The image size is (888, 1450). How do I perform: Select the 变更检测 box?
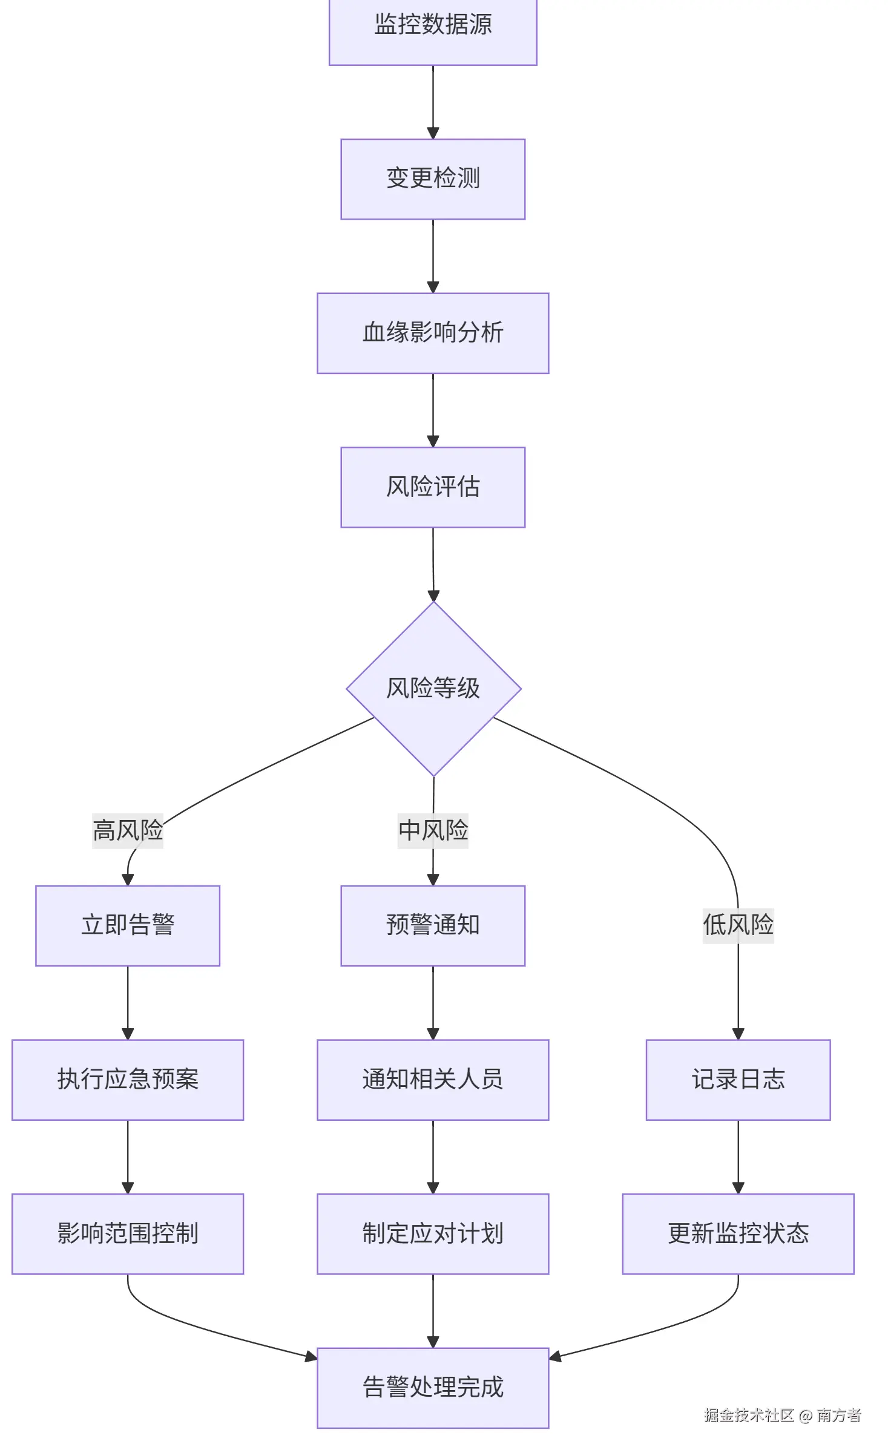[433, 179]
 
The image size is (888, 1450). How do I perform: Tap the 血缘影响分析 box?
[433, 333]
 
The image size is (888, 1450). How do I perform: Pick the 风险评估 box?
[433, 487]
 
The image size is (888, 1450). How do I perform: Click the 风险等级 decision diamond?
[433, 689]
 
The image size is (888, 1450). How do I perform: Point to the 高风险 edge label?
[128, 830]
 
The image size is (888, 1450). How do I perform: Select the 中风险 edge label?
[433, 830]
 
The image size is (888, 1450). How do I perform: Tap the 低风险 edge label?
[738, 925]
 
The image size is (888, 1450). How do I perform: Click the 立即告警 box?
[128, 925]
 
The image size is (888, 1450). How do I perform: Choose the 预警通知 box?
[433, 925]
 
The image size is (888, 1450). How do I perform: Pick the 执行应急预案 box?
[128, 1080]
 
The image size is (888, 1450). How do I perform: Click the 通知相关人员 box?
[433, 1080]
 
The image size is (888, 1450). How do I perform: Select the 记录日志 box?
[738, 1080]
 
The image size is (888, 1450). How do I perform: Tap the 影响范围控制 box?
[128, 1233]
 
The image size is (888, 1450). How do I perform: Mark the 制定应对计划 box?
[433, 1233]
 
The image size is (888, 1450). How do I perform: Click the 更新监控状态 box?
[738, 1233]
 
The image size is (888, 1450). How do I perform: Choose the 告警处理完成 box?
[433, 1388]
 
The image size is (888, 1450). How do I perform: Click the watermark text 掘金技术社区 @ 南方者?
[782, 1415]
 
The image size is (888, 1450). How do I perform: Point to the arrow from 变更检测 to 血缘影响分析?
[433, 256]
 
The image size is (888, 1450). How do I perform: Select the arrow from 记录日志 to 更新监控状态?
[738, 1156]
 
